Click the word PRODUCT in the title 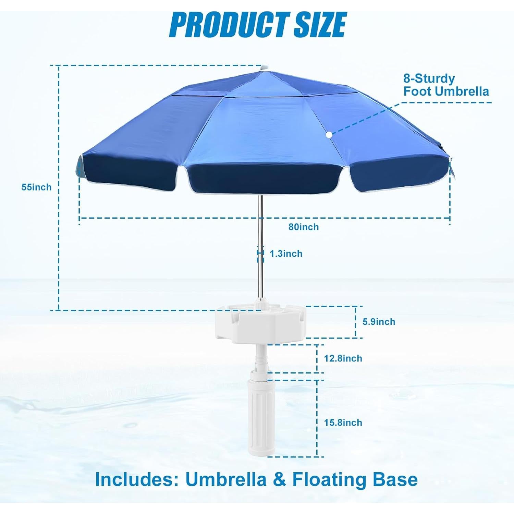tap(229, 25)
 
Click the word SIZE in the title tap(320, 25)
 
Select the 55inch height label tap(36, 187)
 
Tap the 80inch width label tap(304, 227)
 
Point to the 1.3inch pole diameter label tap(286, 254)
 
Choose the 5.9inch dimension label tap(379, 321)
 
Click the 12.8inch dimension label tap(343, 358)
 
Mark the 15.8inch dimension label tap(343, 423)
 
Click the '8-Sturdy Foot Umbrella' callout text tap(445, 85)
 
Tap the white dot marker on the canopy tap(329, 135)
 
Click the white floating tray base tap(260, 324)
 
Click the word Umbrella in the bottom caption tap(226, 479)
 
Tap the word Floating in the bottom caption tap(329, 479)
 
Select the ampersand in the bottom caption tap(279, 479)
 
